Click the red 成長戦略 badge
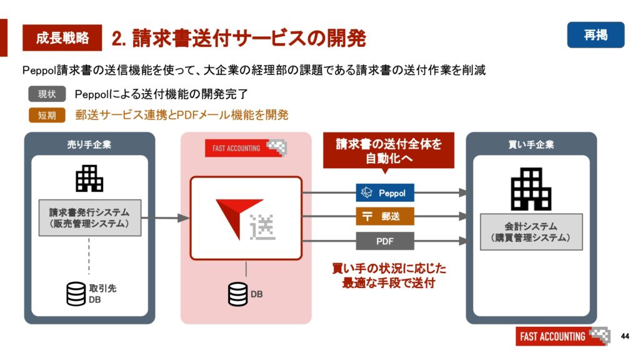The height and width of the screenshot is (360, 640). pos(62,37)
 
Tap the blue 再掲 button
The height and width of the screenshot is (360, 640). pos(596,35)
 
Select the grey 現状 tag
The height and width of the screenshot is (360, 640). pos(47,94)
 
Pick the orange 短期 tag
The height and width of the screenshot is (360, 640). pos(47,115)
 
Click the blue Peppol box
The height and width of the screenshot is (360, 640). pos(385,192)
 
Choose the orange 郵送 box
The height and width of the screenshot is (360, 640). pos(385,216)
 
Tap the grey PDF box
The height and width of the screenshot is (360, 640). pos(385,241)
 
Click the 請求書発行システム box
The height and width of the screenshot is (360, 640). pos(90,218)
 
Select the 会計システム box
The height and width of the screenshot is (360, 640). pos(531,232)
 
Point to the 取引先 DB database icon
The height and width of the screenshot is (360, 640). pos(76,294)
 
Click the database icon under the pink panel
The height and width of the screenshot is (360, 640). pos(238,294)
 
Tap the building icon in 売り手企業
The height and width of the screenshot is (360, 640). pos(89,178)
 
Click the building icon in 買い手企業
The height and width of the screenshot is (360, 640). pos(531,189)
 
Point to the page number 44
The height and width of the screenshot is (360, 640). pos(624,336)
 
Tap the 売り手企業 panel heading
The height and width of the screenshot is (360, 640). pos(89,144)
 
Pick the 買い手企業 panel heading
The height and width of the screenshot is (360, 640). pos(531,144)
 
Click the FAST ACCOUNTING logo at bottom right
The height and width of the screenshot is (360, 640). pos(562,336)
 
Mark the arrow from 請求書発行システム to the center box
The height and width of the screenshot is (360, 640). pos(166,218)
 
